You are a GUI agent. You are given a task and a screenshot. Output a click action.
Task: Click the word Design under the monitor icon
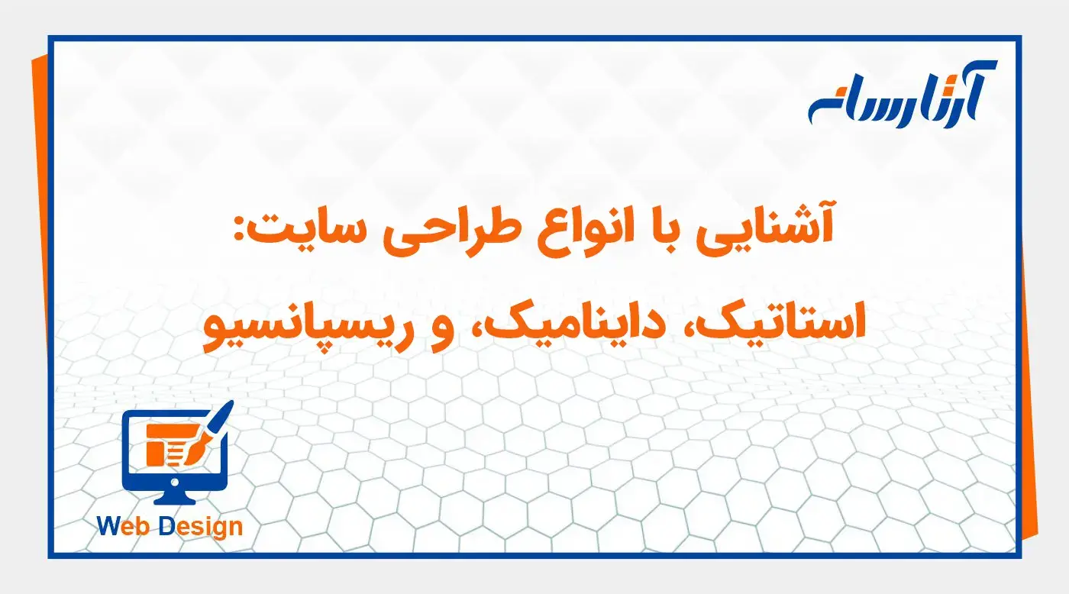click(201, 528)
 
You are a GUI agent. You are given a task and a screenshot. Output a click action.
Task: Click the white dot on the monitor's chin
click(176, 483)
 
